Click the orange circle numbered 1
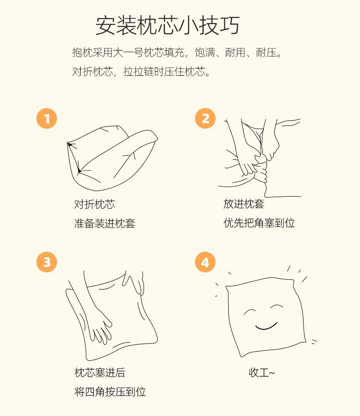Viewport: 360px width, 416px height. (46, 118)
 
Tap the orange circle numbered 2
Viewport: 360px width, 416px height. (205, 118)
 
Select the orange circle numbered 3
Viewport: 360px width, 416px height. (46, 262)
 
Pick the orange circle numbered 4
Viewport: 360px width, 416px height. (205, 262)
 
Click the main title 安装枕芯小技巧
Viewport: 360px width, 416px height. (168, 26)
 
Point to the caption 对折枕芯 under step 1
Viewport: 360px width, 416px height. (94, 204)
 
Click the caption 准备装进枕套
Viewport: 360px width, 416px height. (105, 224)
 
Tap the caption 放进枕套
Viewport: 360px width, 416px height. (244, 204)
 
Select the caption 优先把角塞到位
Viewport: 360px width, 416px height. (259, 223)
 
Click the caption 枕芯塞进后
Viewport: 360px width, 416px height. (100, 373)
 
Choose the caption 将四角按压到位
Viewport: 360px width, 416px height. (110, 392)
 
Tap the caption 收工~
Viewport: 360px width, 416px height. (262, 373)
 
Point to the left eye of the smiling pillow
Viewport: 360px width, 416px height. (249, 311)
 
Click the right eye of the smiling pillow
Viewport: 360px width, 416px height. (277, 307)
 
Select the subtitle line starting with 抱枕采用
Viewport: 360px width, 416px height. (177, 52)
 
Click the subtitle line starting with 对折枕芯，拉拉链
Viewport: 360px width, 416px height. (141, 72)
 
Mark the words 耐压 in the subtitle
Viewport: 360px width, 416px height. (266, 52)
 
